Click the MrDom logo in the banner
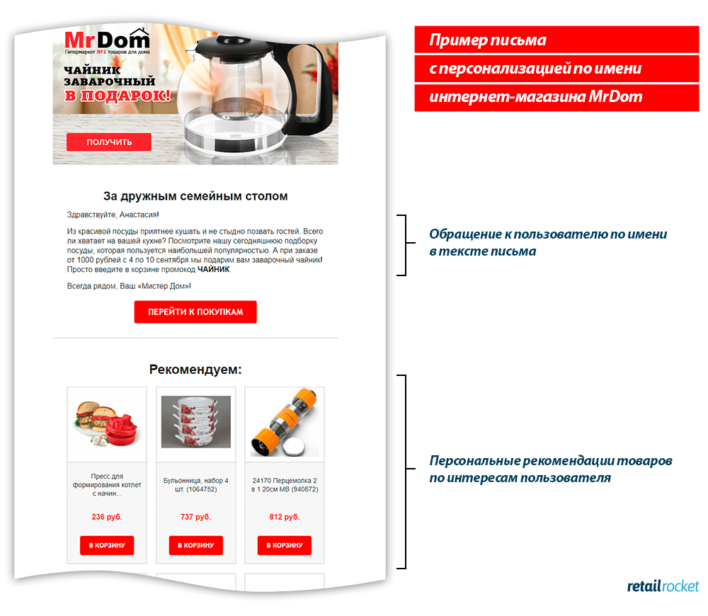pyautogui.click(x=107, y=41)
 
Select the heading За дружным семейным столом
pyautogui.click(x=195, y=196)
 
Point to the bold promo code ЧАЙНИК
pyautogui.click(x=214, y=269)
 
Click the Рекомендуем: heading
pyautogui.click(x=195, y=370)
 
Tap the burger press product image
pyautogui.click(x=107, y=423)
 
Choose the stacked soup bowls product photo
pyautogui.click(x=196, y=422)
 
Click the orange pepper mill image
pyautogui.click(x=285, y=422)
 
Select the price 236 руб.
pyautogui.click(x=107, y=517)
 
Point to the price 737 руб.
pyautogui.click(x=196, y=517)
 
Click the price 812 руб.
pyautogui.click(x=285, y=517)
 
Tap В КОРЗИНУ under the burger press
pyautogui.click(x=107, y=545)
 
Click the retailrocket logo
pyautogui.click(x=663, y=586)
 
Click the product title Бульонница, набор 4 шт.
pyautogui.click(x=196, y=484)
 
